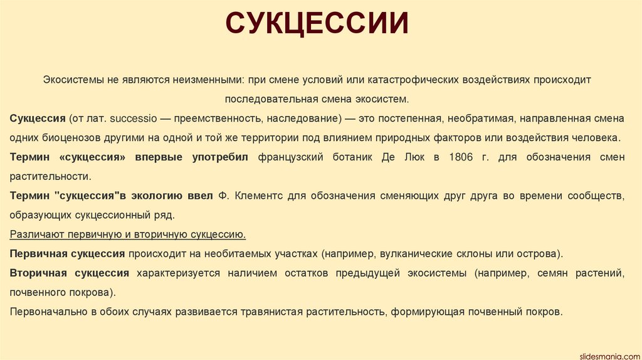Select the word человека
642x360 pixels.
tap(598, 137)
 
